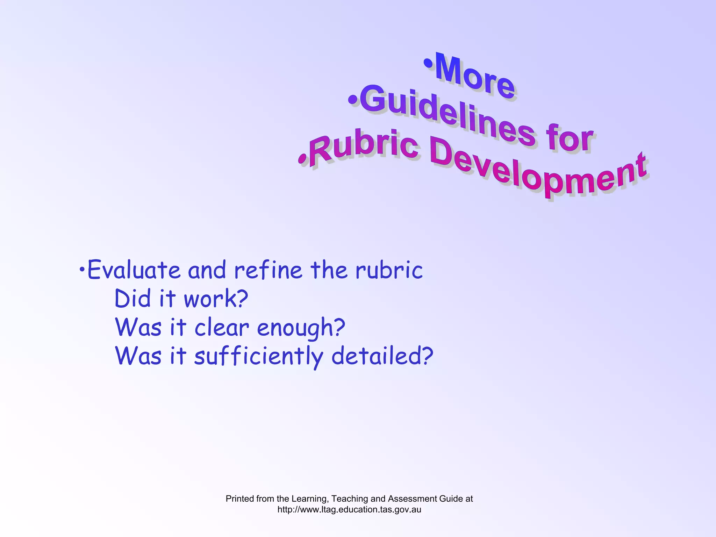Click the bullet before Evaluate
click(81, 270)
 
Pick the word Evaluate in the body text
click(134, 270)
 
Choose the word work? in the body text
click(216, 299)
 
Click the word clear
click(222, 328)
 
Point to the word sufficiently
click(259, 357)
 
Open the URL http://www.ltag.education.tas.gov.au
click(349, 509)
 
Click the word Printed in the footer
click(240, 499)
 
